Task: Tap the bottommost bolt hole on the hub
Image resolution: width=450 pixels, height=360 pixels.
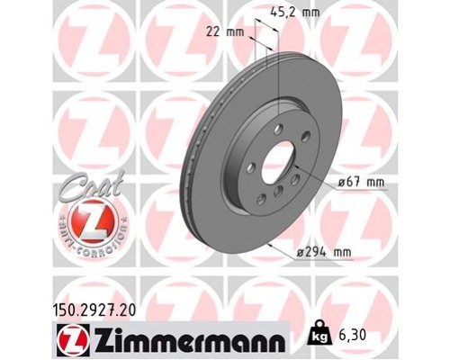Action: [273, 200]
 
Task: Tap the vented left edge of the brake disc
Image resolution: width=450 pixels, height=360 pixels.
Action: [191, 162]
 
